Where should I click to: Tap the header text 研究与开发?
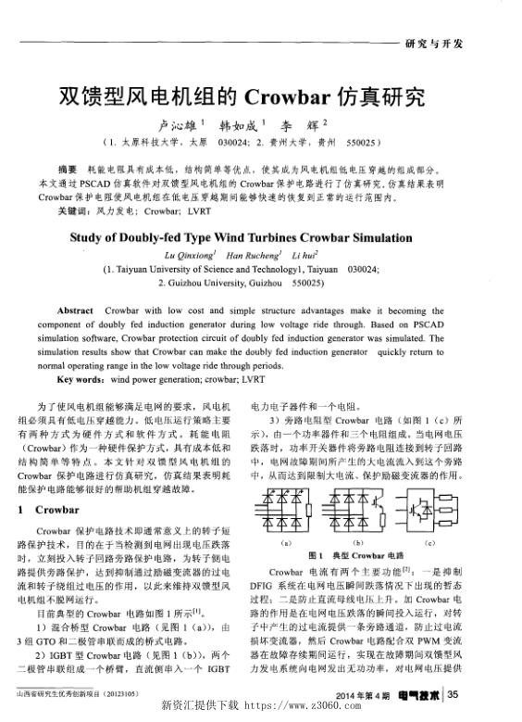click(x=434, y=44)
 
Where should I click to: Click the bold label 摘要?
click(x=67, y=171)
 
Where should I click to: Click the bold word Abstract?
click(x=76, y=307)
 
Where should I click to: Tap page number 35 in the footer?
click(x=453, y=694)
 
